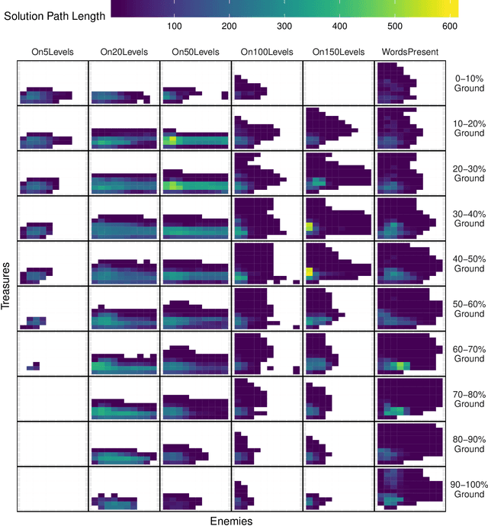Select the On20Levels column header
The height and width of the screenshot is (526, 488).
[x=124, y=52]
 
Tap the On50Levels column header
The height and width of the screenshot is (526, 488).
[x=195, y=52]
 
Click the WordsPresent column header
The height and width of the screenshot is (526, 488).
[x=410, y=52]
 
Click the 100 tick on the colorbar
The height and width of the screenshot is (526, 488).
[x=173, y=26]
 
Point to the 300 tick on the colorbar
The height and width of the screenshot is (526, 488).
[x=284, y=26]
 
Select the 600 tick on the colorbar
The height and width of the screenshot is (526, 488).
[x=450, y=26]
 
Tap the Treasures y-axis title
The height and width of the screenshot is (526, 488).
[x=7, y=286]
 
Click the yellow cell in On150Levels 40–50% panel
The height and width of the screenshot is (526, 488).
[x=310, y=271]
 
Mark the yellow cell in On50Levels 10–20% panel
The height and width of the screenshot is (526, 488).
[x=173, y=140]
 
